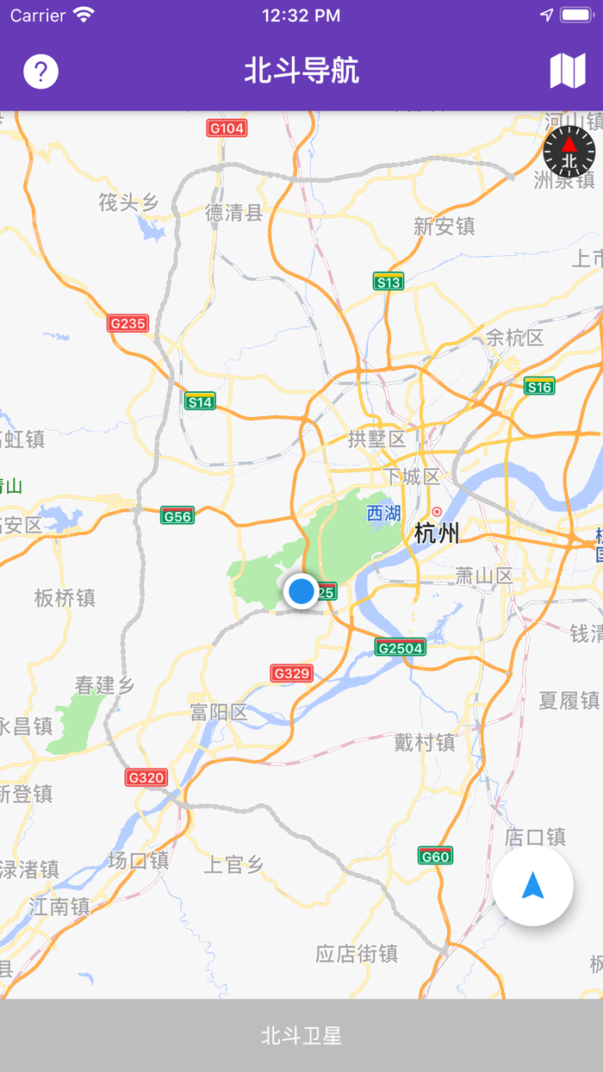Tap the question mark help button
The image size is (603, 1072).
(x=41, y=72)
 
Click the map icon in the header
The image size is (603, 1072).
(x=568, y=71)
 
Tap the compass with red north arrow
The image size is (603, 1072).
(x=569, y=152)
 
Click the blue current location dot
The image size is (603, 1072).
(x=301, y=591)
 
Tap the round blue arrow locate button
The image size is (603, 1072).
(x=533, y=886)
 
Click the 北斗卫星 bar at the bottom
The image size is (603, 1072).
(x=301, y=1035)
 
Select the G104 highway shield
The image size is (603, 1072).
(x=227, y=128)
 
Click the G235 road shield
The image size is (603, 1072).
(x=128, y=323)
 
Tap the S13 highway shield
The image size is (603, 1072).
(x=389, y=282)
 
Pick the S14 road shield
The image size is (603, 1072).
(x=200, y=402)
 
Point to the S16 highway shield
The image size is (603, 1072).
(x=539, y=387)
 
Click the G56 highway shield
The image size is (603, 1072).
(x=177, y=515)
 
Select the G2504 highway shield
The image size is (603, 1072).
(x=401, y=646)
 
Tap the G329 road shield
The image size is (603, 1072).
(x=291, y=673)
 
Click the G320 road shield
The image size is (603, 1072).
(x=146, y=777)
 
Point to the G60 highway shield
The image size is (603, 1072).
(x=435, y=856)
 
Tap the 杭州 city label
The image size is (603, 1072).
(x=437, y=533)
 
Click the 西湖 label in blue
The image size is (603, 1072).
(x=383, y=514)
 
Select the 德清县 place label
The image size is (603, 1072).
(x=233, y=213)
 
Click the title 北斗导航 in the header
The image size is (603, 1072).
(x=301, y=71)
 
